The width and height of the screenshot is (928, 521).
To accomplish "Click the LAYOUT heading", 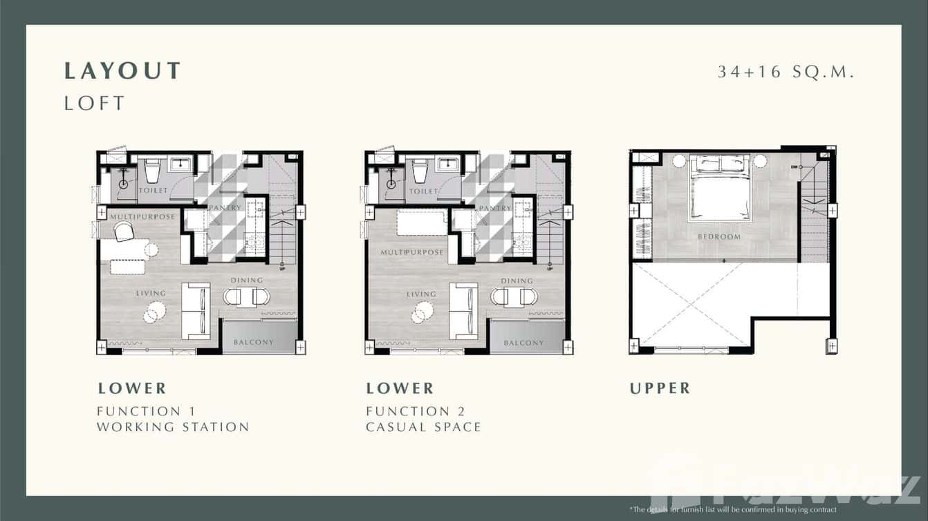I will click(122, 71).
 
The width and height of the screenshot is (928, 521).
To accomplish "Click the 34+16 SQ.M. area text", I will click(786, 71).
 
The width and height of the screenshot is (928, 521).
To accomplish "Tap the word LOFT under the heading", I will click(95, 104).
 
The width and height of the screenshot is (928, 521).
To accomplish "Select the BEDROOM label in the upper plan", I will click(719, 236).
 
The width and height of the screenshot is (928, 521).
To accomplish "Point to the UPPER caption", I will click(660, 388).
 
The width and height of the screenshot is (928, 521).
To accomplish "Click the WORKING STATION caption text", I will click(173, 427).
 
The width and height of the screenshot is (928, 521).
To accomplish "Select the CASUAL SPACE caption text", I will click(423, 427).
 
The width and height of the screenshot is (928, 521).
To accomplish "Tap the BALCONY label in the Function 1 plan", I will click(253, 342).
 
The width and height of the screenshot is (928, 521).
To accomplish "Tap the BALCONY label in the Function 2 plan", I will click(523, 343).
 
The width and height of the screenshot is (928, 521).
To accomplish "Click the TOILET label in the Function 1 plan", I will click(153, 190).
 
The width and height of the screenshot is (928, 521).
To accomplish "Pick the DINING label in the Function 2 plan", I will click(517, 281).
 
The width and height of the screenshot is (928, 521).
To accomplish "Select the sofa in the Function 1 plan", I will click(196, 311).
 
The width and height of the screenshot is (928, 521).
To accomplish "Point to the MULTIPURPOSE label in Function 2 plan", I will click(412, 253).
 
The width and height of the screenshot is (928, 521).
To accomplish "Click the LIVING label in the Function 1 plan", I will click(151, 294).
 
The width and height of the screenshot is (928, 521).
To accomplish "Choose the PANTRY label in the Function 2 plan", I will click(494, 208).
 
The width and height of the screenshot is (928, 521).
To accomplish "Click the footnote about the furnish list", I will click(733, 510).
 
